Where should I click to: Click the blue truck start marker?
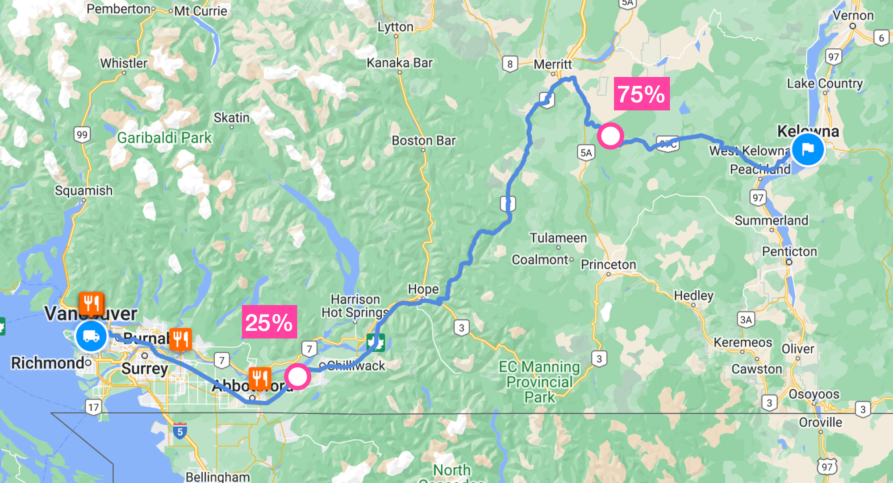91,336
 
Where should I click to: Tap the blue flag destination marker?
808,150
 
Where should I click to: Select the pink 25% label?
269,322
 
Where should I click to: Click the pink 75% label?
642,94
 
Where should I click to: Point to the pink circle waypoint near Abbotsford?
297,376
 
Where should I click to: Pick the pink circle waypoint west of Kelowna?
610,136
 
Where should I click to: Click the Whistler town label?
124,63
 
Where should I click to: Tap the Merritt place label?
553,64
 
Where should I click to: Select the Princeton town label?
608,264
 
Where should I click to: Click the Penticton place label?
789,251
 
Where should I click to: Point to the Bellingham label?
217,477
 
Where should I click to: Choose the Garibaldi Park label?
164,137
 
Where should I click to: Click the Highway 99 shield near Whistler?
82,134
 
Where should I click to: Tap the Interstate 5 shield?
180,431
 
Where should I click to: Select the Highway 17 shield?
93,407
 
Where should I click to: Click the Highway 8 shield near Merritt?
510,64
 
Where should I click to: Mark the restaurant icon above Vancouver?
92,304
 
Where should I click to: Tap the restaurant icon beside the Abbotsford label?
259,379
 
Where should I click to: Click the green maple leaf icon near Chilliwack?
376,342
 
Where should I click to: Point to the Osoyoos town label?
814,394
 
